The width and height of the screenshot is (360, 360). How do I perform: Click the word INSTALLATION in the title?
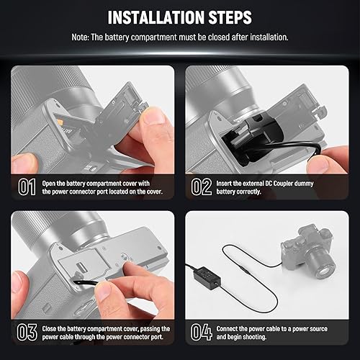tap(150, 17)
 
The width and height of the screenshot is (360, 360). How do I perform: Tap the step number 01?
tap(27, 187)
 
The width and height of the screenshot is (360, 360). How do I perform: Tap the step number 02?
tap(202, 187)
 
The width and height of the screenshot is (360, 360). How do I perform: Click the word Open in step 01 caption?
tap(52, 183)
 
